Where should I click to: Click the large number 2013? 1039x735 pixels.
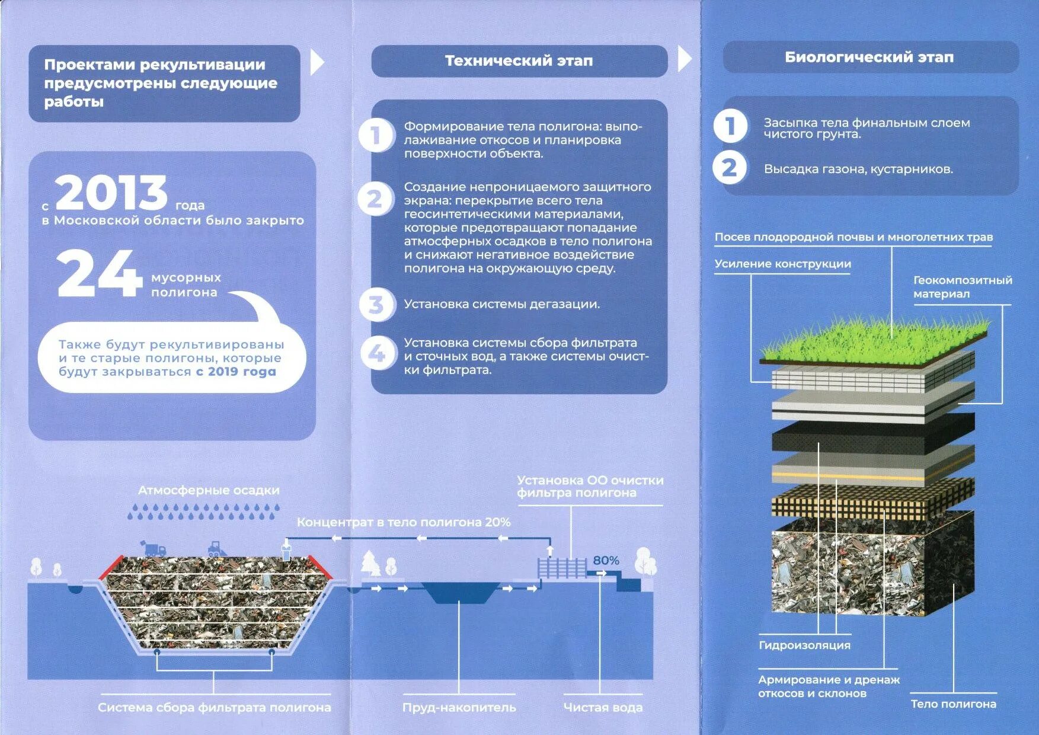tap(111, 193)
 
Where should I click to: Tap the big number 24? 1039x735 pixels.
tap(99, 274)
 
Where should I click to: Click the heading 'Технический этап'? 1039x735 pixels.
tap(519, 60)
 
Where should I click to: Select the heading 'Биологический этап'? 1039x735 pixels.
tap(869, 57)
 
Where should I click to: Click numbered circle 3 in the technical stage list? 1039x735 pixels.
tap(376, 305)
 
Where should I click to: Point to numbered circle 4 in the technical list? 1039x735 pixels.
tap(376, 353)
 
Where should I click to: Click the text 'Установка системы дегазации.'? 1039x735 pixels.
tap(501, 304)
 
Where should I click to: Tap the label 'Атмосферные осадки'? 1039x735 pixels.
tap(209, 490)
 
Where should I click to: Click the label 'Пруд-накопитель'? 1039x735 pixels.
tap(459, 707)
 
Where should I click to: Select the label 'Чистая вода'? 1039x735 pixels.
tap(603, 707)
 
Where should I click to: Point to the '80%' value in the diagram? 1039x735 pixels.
tap(606, 560)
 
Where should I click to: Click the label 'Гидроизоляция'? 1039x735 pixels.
tap(804, 645)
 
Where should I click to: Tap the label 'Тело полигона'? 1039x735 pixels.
tap(953, 704)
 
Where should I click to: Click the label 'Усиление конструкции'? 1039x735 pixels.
tap(782, 264)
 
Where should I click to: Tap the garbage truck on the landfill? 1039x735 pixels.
tap(153, 548)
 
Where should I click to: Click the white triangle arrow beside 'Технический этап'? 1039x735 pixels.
tap(685, 59)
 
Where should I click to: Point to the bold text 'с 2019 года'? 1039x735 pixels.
tap(236, 372)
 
